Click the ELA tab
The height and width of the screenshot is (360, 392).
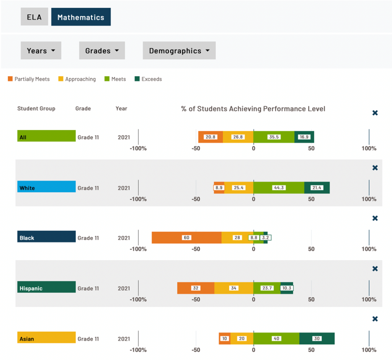coord(34,17)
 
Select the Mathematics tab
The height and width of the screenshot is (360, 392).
coord(81,17)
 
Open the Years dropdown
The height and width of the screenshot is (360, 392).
coord(41,51)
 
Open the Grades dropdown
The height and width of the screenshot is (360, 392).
coord(102,51)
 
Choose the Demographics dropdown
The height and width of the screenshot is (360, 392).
coord(179,51)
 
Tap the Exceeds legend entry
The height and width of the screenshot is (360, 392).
coord(148,79)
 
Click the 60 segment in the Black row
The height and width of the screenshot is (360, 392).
coord(186,237)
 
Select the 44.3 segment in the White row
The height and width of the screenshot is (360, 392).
coord(279,188)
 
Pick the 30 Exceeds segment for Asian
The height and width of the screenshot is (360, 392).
coord(317,339)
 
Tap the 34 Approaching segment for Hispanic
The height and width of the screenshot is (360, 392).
coord(234,288)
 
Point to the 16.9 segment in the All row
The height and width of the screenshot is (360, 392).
coord(304,137)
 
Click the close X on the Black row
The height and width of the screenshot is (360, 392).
coord(375,218)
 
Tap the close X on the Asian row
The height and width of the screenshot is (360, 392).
coord(375,319)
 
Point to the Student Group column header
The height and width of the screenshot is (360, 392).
coord(36,108)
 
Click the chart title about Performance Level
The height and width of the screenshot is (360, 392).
coord(253,109)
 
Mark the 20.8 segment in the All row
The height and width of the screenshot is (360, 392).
coord(211,137)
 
